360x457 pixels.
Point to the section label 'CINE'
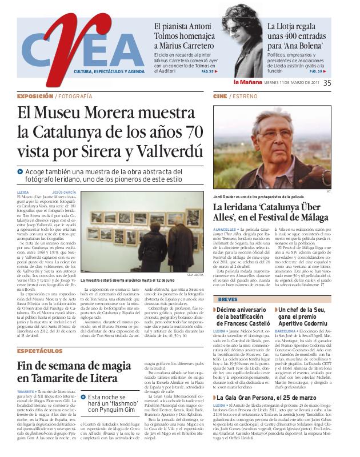(220, 97)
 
